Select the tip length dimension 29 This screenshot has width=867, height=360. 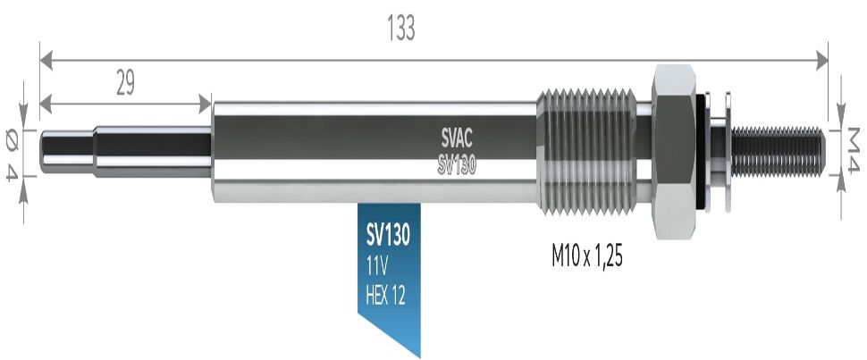click(125, 83)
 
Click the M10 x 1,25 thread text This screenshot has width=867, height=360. click(585, 256)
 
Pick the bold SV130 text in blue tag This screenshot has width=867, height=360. click(387, 237)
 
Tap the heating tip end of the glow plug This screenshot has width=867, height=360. click(67, 151)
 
